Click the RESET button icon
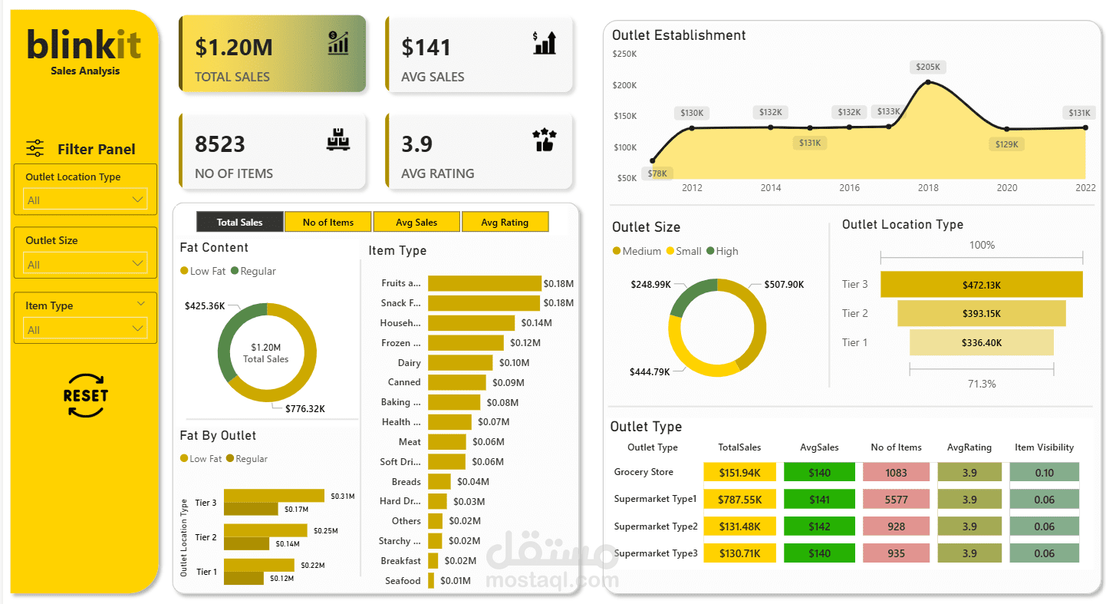85,396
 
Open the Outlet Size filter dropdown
84,264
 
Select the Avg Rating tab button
505,222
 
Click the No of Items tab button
328,222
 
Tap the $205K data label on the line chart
928,67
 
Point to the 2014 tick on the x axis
771,188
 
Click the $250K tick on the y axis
624,54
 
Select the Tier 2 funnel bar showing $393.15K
981,313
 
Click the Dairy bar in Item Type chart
459,362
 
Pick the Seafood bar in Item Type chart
431,581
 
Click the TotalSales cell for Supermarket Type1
739,500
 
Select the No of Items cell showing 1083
896,473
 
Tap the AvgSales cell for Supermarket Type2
819,526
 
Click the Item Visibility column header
1044,447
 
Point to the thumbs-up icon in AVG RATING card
544,140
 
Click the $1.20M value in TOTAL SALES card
233,48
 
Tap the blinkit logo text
84,45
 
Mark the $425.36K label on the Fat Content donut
205,305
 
